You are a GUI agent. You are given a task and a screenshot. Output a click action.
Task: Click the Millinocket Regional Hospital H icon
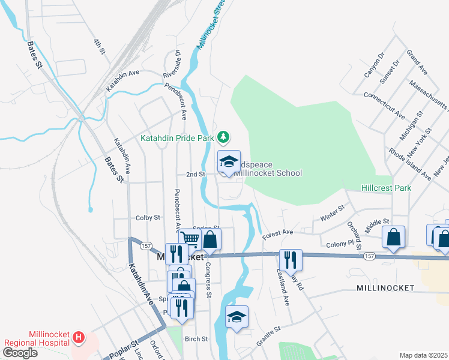78,338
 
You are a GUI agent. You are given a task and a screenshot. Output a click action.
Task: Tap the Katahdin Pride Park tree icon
223,137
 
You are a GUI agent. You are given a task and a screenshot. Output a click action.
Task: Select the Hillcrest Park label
386,188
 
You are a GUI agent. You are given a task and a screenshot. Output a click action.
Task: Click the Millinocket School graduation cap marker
228,162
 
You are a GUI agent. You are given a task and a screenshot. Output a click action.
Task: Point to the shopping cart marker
190,239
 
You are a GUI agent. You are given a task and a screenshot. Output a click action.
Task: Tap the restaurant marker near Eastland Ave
290,260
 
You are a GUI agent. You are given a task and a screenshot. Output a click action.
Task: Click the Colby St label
148,218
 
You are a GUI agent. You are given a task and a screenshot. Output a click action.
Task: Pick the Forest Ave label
277,232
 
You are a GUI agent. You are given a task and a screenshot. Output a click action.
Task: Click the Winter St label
332,213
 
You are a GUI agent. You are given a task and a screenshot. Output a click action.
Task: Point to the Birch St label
196,339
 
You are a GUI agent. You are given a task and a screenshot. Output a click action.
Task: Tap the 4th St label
99,47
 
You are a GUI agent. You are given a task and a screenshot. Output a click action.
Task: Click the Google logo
20,353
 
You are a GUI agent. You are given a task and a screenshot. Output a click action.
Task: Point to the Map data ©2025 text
423,355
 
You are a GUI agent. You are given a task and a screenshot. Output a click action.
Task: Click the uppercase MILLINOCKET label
385,288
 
